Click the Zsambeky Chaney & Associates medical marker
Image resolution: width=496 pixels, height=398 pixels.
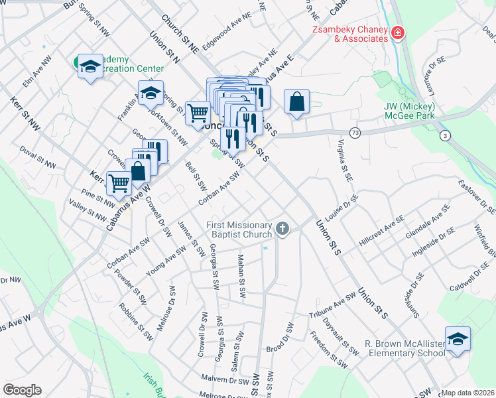398,33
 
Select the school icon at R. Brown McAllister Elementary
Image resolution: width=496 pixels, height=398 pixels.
458,340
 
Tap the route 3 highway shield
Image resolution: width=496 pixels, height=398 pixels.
444,135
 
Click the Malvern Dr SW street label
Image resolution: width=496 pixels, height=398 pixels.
225,381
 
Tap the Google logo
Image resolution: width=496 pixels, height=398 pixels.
22,389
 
